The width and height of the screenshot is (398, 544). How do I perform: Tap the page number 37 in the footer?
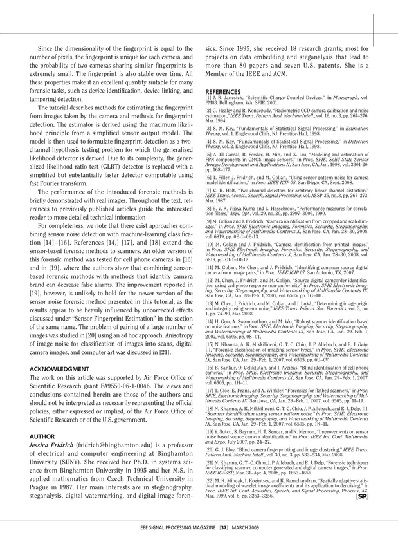point(221,527)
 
